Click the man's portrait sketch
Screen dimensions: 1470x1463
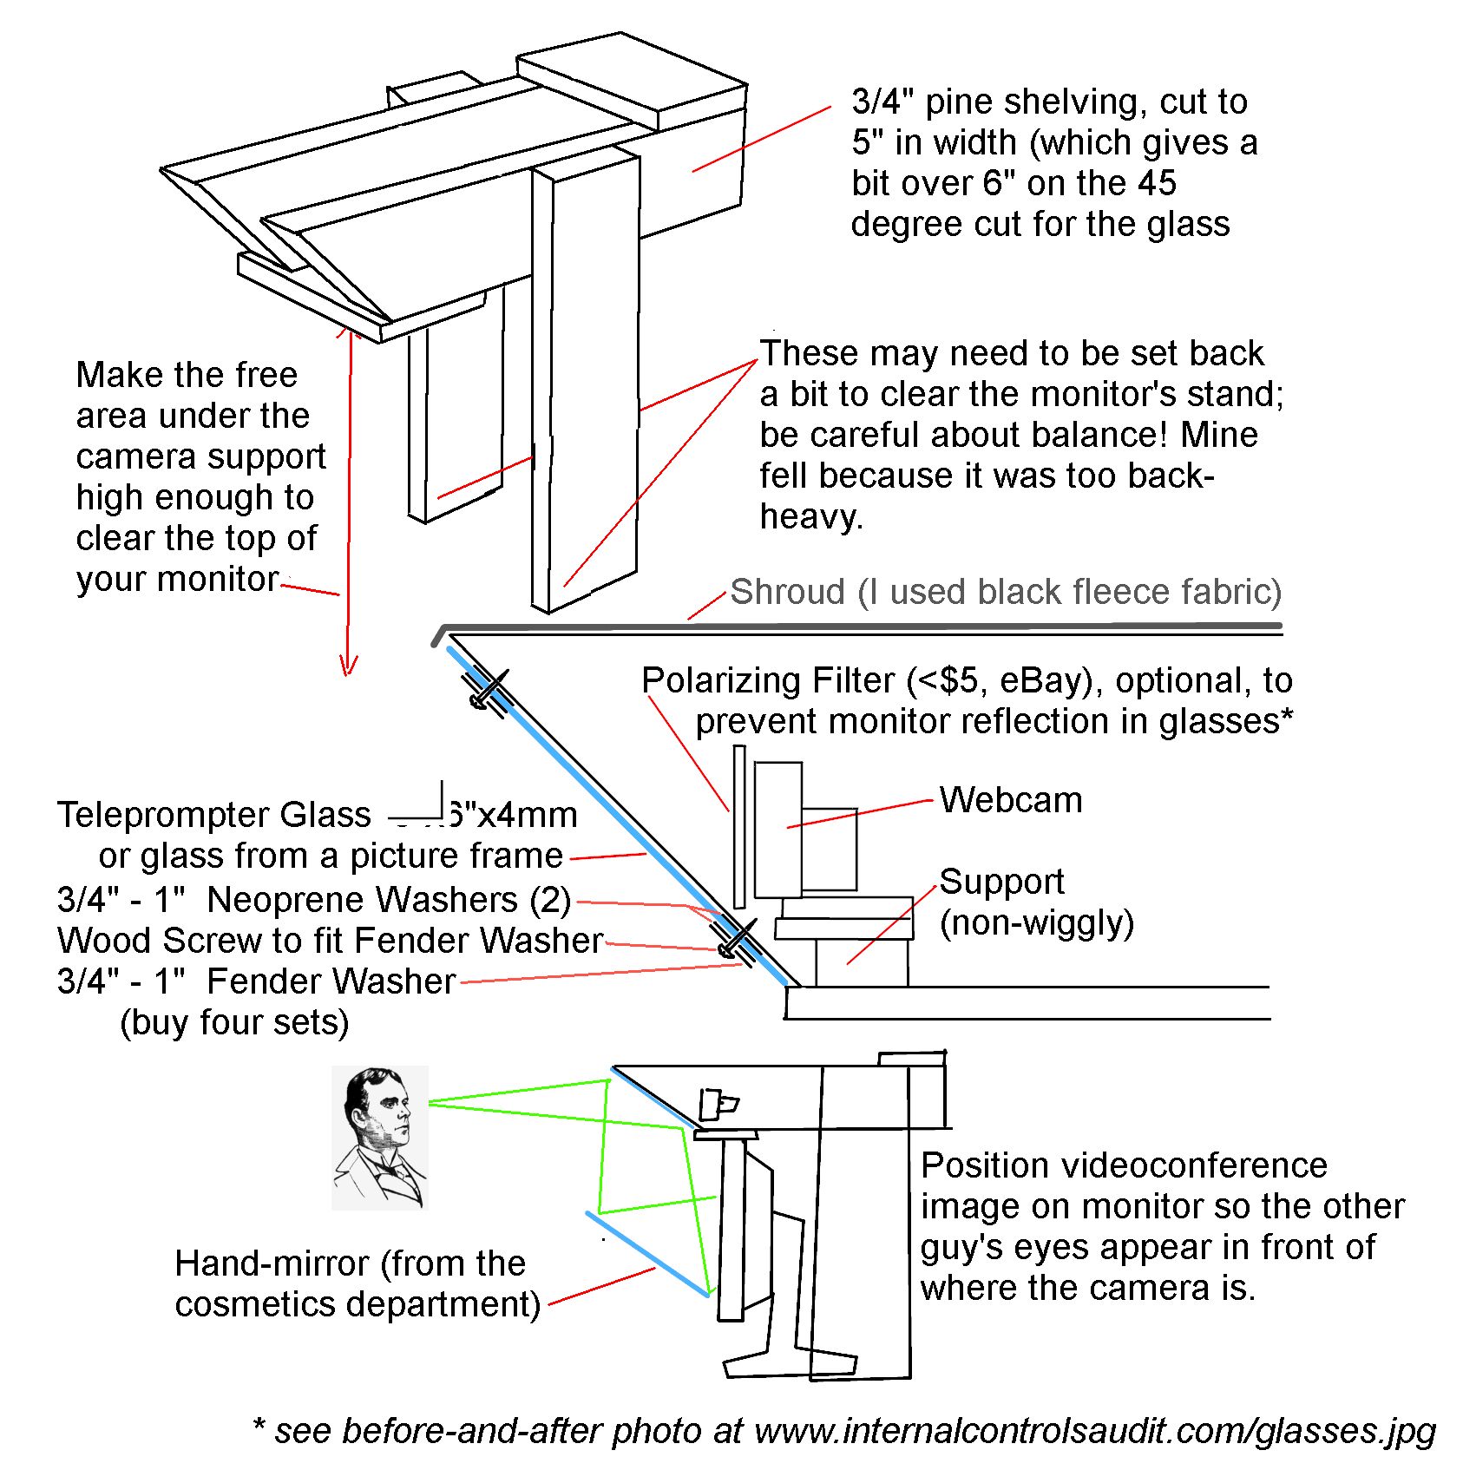[x=380, y=1138]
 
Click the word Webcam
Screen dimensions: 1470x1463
[x=1011, y=800]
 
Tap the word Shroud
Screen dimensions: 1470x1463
[x=787, y=592]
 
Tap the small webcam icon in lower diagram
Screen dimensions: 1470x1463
[x=718, y=1105]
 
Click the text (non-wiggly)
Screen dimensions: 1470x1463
[x=1036, y=922]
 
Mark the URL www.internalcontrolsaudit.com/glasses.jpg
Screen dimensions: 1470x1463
[x=1095, y=1431]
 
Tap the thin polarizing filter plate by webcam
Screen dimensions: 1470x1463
[x=739, y=824]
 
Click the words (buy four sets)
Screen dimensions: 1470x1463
[x=234, y=1022]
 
